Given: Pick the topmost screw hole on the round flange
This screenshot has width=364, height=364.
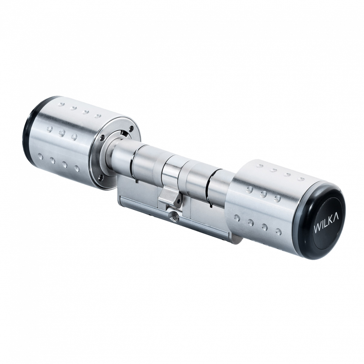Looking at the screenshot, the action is pos(132,127).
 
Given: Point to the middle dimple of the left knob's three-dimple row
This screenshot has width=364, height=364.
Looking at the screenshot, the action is pos(62,133).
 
